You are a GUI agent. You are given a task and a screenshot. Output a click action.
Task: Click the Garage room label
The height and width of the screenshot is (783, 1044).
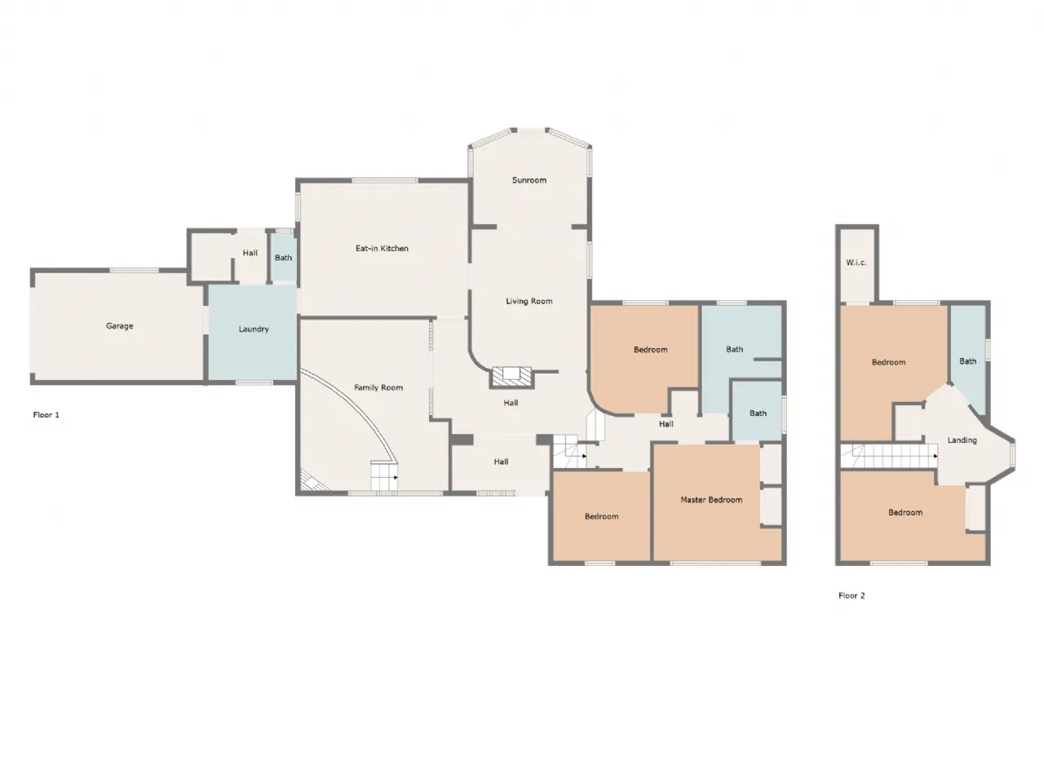pos(119,326)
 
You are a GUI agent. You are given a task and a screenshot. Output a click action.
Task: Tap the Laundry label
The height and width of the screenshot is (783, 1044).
pos(254,329)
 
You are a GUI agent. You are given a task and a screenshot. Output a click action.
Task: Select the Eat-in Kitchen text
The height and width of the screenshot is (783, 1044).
pos(382,248)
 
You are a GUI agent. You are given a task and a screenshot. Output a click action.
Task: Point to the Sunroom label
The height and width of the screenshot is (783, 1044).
pos(529,180)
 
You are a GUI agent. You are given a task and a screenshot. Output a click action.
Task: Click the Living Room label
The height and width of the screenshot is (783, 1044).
pos(529,301)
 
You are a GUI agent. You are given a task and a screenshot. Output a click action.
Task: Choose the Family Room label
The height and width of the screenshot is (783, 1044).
pos(378,387)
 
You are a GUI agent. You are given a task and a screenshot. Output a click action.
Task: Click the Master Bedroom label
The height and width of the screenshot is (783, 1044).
pos(711,500)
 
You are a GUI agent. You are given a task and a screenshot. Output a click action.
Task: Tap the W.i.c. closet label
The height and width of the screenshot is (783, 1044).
pos(856,263)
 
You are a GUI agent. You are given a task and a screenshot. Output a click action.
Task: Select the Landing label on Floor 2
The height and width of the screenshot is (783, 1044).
pos(962,440)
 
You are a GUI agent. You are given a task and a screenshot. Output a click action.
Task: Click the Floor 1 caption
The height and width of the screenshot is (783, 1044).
pos(46,415)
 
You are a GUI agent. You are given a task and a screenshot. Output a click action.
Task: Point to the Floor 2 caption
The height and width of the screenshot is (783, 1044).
pos(852,595)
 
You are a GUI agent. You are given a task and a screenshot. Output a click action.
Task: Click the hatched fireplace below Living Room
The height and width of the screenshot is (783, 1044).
pos(511,377)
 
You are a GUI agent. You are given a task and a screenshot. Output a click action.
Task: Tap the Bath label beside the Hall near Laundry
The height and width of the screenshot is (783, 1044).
pos(283,258)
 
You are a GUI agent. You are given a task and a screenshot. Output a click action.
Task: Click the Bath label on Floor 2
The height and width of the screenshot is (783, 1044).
pos(967,361)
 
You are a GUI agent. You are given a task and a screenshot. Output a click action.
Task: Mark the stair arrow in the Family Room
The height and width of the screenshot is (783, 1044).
pos(396,477)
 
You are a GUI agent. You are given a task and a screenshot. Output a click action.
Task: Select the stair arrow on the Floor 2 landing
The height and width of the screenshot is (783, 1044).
pos(936,456)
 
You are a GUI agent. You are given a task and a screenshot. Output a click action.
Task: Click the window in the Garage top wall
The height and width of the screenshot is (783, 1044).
pos(134,271)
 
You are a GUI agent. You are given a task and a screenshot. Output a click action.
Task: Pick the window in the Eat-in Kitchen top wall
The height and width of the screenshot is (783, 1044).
pos(385,180)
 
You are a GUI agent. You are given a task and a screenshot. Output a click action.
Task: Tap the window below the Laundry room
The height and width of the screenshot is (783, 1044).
pos(254,383)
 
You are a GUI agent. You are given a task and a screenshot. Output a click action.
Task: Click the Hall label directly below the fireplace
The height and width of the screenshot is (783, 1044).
pos(511,403)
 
